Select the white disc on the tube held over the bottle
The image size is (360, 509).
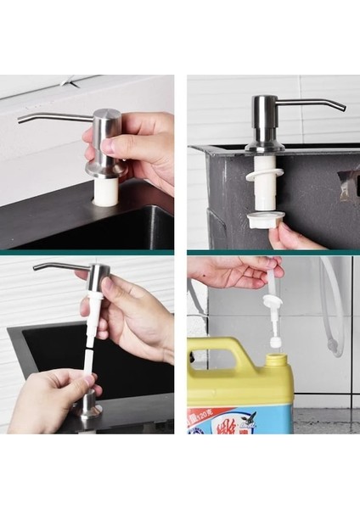tap(273, 301)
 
